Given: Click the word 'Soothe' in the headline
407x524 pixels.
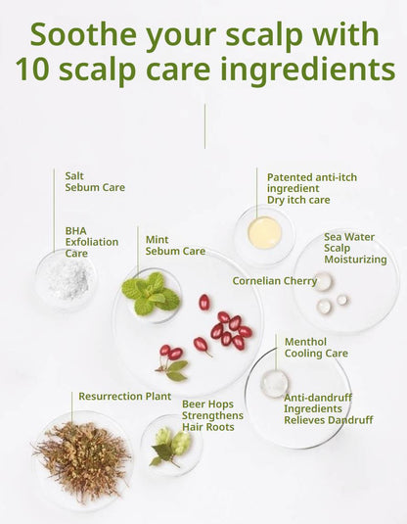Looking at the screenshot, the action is pyautogui.click(x=83, y=34).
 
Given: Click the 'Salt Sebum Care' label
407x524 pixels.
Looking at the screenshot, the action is pyautogui.click(x=95, y=181).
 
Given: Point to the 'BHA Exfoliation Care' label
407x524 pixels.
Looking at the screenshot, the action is pyautogui.click(x=92, y=242).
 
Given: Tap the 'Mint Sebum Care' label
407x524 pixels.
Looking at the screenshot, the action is pyautogui.click(x=175, y=245).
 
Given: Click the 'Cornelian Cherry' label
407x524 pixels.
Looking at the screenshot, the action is pyautogui.click(x=275, y=281).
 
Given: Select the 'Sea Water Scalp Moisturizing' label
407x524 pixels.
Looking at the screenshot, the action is pyautogui.click(x=355, y=248).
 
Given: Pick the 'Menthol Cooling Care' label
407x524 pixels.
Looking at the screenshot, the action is pyautogui.click(x=316, y=348).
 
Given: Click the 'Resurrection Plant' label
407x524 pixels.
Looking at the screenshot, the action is pyautogui.click(x=125, y=397).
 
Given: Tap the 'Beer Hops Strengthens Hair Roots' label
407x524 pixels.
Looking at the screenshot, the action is pyautogui.click(x=212, y=415).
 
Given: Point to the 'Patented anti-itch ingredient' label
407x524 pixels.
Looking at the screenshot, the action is pyautogui.click(x=312, y=183).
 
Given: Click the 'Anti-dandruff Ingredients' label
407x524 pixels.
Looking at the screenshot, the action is pyautogui.click(x=318, y=403).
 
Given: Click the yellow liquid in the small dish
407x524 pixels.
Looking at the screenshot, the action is pyautogui.click(x=265, y=233).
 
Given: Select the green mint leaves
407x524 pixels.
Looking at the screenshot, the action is pyautogui.click(x=151, y=294).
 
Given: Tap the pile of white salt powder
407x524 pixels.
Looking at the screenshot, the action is pyautogui.click(x=68, y=279).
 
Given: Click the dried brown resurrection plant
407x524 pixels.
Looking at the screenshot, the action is pyautogui.click(x=82, y=461).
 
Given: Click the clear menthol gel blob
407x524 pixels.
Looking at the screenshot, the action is pyautogui.click(x=275, y=384).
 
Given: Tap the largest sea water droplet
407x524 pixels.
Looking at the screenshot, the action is pyautogui.click(x=323, y=281).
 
